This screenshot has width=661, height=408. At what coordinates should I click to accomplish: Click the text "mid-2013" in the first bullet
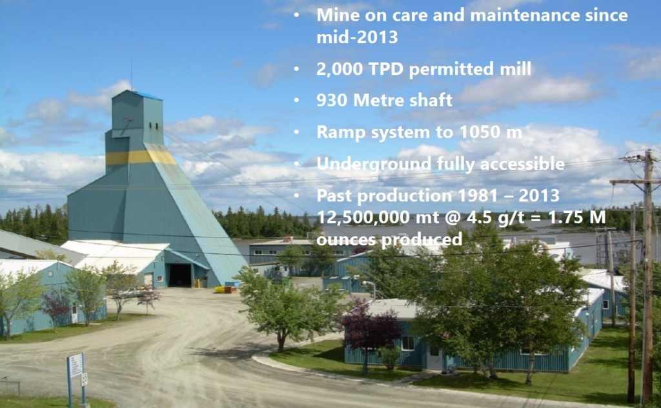[x=356, y=37]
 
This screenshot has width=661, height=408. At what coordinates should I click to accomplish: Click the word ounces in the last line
[x=349, y=239]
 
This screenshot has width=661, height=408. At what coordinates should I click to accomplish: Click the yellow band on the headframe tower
[x=139, y=158]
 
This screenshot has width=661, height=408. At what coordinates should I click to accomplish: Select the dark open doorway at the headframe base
[x=180, y=275]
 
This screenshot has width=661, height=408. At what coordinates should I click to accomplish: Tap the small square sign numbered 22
[x=84, y=379]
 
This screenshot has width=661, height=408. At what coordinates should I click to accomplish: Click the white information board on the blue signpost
[x=76, y=365]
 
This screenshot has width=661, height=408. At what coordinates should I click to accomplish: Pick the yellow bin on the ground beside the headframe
[x=227, y=289]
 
